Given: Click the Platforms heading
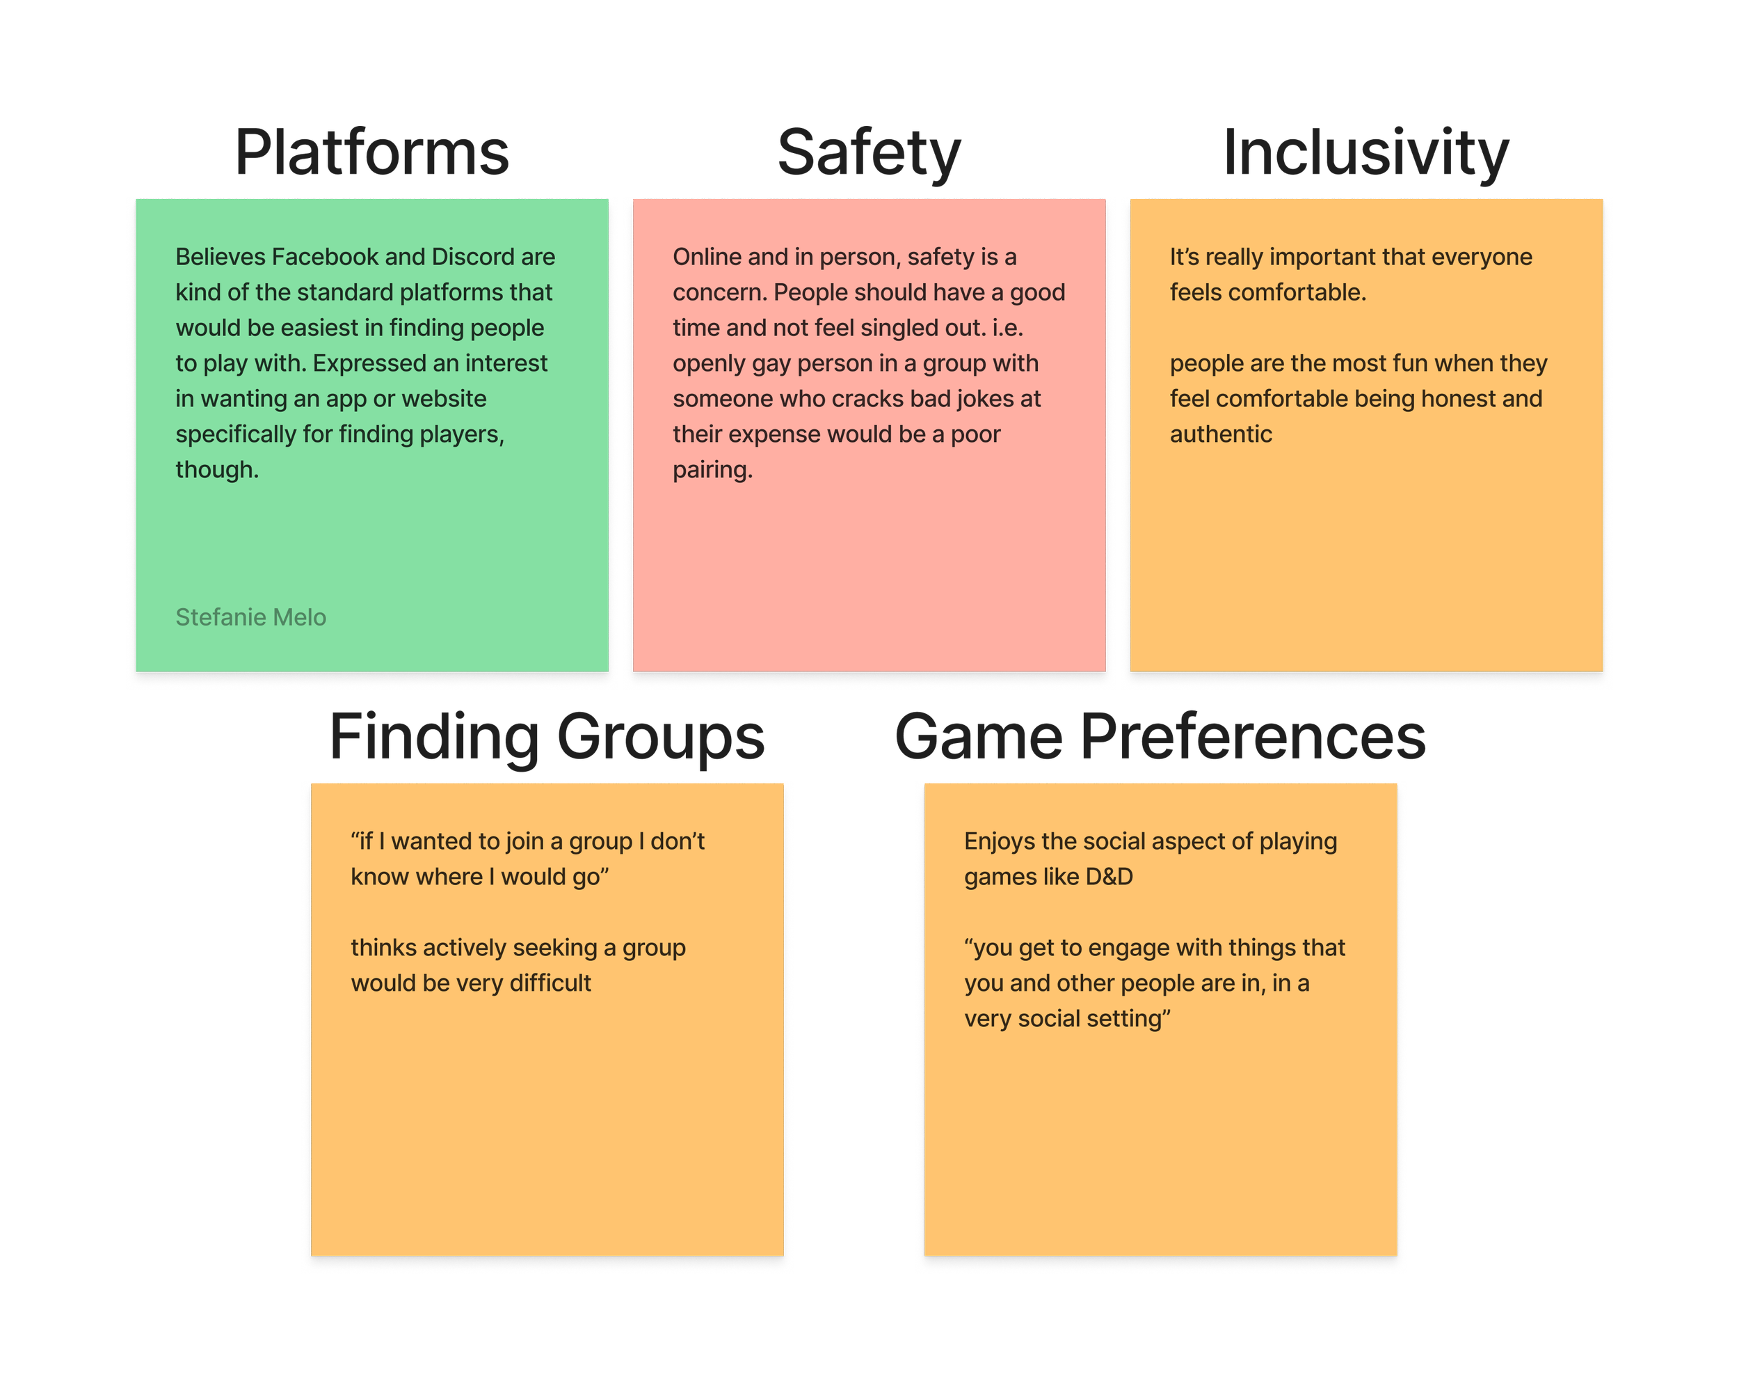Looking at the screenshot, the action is [372, 152].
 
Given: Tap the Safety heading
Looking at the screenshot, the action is [869, 152].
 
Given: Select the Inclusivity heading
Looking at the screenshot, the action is [1365, 152].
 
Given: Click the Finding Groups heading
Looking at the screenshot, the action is [548, 737].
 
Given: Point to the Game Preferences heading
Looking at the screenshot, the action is [1160, 737].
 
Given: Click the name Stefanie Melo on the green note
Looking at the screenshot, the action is [251, 617].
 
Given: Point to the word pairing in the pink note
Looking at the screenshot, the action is [712, 470].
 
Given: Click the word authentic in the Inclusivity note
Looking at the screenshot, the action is [1220, 434].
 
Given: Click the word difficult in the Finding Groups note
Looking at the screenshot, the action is [550, 983].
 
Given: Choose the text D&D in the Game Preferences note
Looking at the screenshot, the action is [1109, 876].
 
